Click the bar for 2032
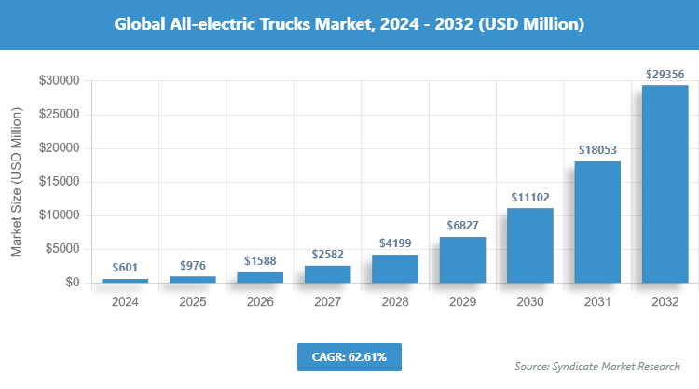tap(665, 184)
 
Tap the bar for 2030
tap(530, 245)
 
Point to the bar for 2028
tap(395, 269)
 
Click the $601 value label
tap(125, 267)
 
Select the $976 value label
tap(193, 264)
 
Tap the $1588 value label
tap(260, 260)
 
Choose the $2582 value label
tap(327, 254)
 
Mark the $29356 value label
tap(665, 73)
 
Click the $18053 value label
tap(597, 149)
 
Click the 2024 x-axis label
tap(125, 302)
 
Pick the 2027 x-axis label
tap(327, 302)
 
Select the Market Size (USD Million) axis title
tap(17, 182)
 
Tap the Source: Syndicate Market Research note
tap(597, 367)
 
